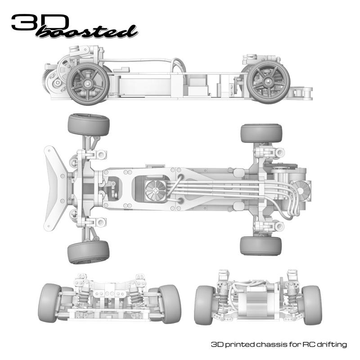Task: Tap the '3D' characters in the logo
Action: coord(40,22)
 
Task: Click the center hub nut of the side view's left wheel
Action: coord(87,84)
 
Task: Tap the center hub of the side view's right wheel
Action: coord(268,81)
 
